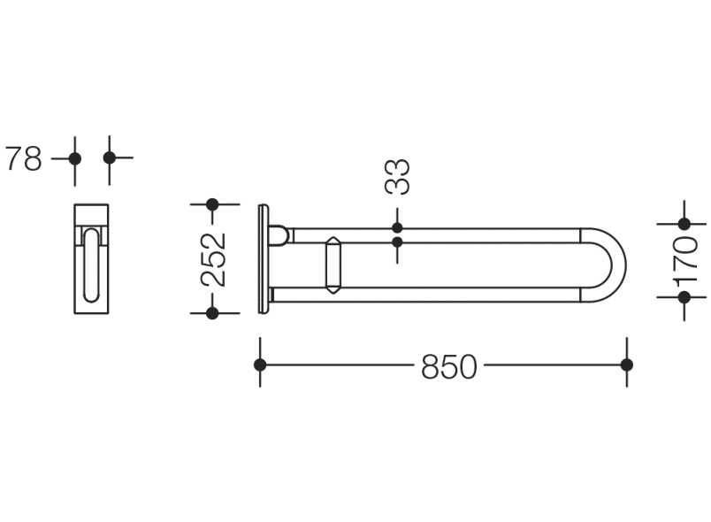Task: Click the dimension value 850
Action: (x=449, y=366)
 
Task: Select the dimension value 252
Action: (x=213, y=259)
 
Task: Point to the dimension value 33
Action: (x=397, y=176)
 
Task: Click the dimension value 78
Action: (x=23, y=158)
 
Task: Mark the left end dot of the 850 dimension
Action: (x=260, y=365)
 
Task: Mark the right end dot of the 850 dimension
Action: (x=627, y=365)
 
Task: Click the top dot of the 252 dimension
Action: (x=212, y=204)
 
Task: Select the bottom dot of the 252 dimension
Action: (x=212, y=313)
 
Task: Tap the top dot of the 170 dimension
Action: (x=684, y=224)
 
